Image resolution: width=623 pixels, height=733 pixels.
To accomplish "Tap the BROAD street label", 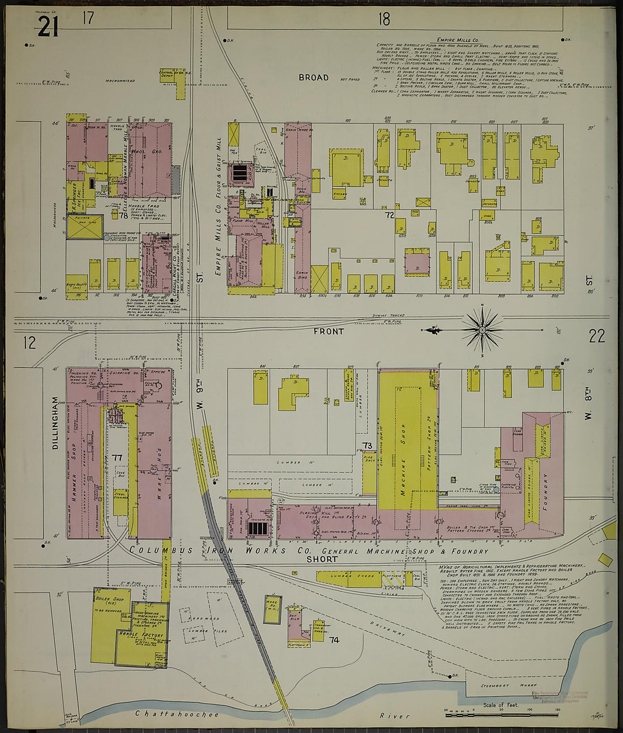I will (x=313, y=77).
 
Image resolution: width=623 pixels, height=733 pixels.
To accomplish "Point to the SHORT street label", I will (x=322, y=559).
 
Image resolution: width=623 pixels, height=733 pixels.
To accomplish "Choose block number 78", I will (x=123, y=215).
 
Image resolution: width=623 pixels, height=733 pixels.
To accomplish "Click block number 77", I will (x=118, y=457).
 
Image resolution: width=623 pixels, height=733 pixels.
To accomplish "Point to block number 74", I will (x=334, y=640).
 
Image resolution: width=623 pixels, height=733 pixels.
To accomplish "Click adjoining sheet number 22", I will (x=596, y=336).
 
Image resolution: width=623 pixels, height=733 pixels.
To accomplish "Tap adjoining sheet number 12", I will (x=29, y=342).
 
